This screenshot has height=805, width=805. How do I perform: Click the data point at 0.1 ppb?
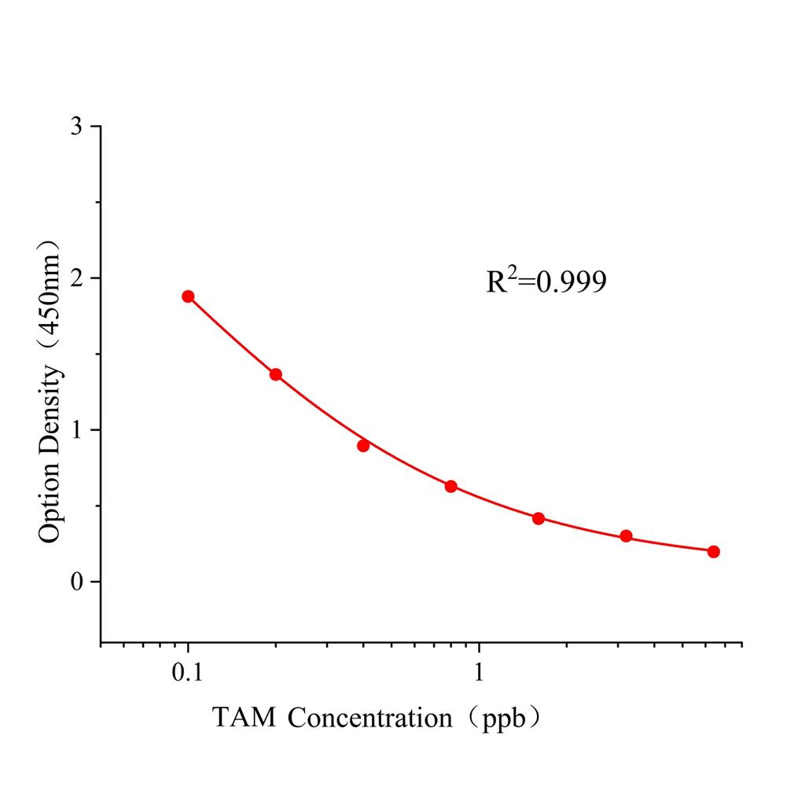click(188, 296)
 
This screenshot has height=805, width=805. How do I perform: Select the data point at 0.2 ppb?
click(276, 374)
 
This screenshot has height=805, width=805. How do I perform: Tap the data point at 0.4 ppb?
click(363, 446)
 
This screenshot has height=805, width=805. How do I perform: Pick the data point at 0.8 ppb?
click(451, 487)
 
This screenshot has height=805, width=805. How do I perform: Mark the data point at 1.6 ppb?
click(539, 519)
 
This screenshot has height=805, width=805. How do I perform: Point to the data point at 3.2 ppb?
click(626, 536)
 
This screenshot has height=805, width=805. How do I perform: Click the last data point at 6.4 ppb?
click(714, 552)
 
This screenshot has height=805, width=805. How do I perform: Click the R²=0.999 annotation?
click(546, 281)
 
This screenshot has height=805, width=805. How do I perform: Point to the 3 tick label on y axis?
click(76, 127)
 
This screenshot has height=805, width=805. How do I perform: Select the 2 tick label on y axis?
click(76, 278)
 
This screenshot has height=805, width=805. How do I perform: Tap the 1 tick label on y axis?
click(76, 430)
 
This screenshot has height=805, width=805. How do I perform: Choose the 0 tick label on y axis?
click(76, 582)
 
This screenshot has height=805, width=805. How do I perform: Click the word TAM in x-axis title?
click(244, 717)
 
